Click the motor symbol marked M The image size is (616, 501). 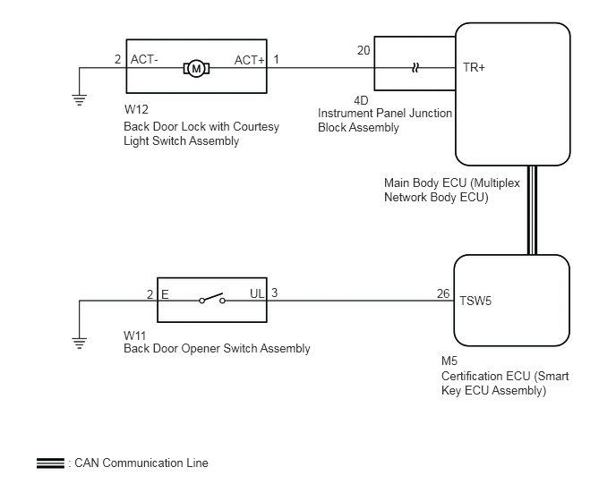(196, 69)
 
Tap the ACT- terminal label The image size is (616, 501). (144, 59)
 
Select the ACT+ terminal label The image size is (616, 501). (250, 60)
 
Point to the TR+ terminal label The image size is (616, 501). (474, 67)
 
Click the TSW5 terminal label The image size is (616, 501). (475, 301)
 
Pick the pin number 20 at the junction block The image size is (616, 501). (364, 50)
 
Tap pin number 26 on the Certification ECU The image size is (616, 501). (443, 293)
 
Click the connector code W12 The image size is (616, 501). (136, 109)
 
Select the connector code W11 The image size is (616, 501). (134, 335)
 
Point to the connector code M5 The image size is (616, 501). (449, 361)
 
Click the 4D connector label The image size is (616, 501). (361, 100)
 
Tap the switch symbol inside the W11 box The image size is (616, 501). (212, 299)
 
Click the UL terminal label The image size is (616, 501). (257, 293)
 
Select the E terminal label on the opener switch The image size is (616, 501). (165, 294)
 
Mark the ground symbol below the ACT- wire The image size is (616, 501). (80, 100)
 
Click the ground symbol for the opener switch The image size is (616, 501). (80, 344)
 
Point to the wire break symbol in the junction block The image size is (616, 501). (415, 68)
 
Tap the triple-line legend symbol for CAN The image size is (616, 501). (51, 463)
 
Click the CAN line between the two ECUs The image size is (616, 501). (533, 210)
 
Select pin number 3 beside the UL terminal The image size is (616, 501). (274, 293)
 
